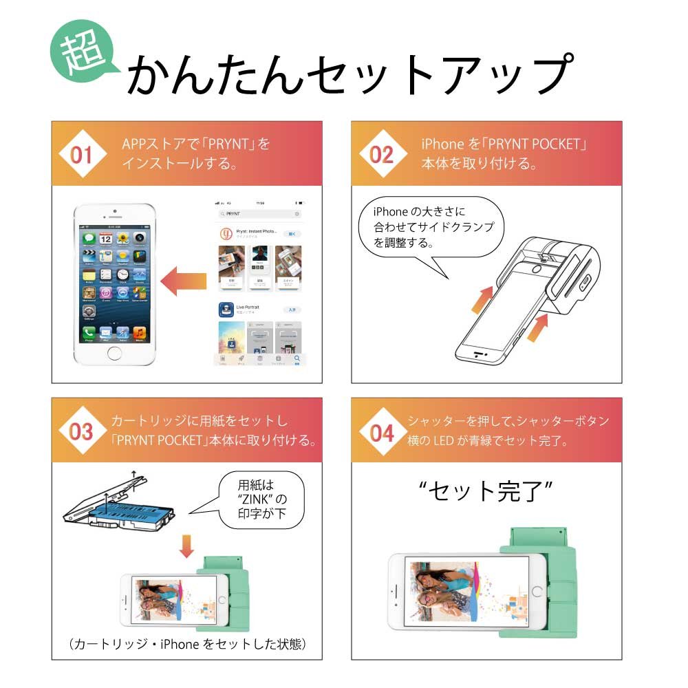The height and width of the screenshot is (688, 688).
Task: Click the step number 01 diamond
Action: pos(80,155)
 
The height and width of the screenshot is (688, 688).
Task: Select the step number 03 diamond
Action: pos(80,432)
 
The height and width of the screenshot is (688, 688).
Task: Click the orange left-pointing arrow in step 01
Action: pos(184,281)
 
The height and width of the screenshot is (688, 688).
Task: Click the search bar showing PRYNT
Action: pos(258,214)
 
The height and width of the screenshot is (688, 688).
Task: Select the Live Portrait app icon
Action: pos(226,310)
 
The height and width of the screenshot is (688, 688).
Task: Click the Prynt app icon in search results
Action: pos(226,234)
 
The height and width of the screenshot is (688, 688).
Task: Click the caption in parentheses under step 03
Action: pos(186,644)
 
